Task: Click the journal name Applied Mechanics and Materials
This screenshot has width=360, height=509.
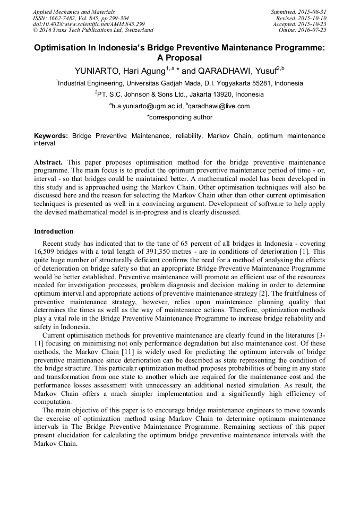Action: (73, 12)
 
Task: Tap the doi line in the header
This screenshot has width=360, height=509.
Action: (89, 24)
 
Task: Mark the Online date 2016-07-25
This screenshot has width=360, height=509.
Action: (314, 30)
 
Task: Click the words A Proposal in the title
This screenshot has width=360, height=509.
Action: (179, 58)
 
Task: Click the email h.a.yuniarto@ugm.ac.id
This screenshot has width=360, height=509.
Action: (147, 106)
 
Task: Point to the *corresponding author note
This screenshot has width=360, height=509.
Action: (179, 117)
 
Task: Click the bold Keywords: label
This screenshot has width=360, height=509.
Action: (51, 136)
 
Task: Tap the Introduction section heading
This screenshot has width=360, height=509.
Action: (54, 231)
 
